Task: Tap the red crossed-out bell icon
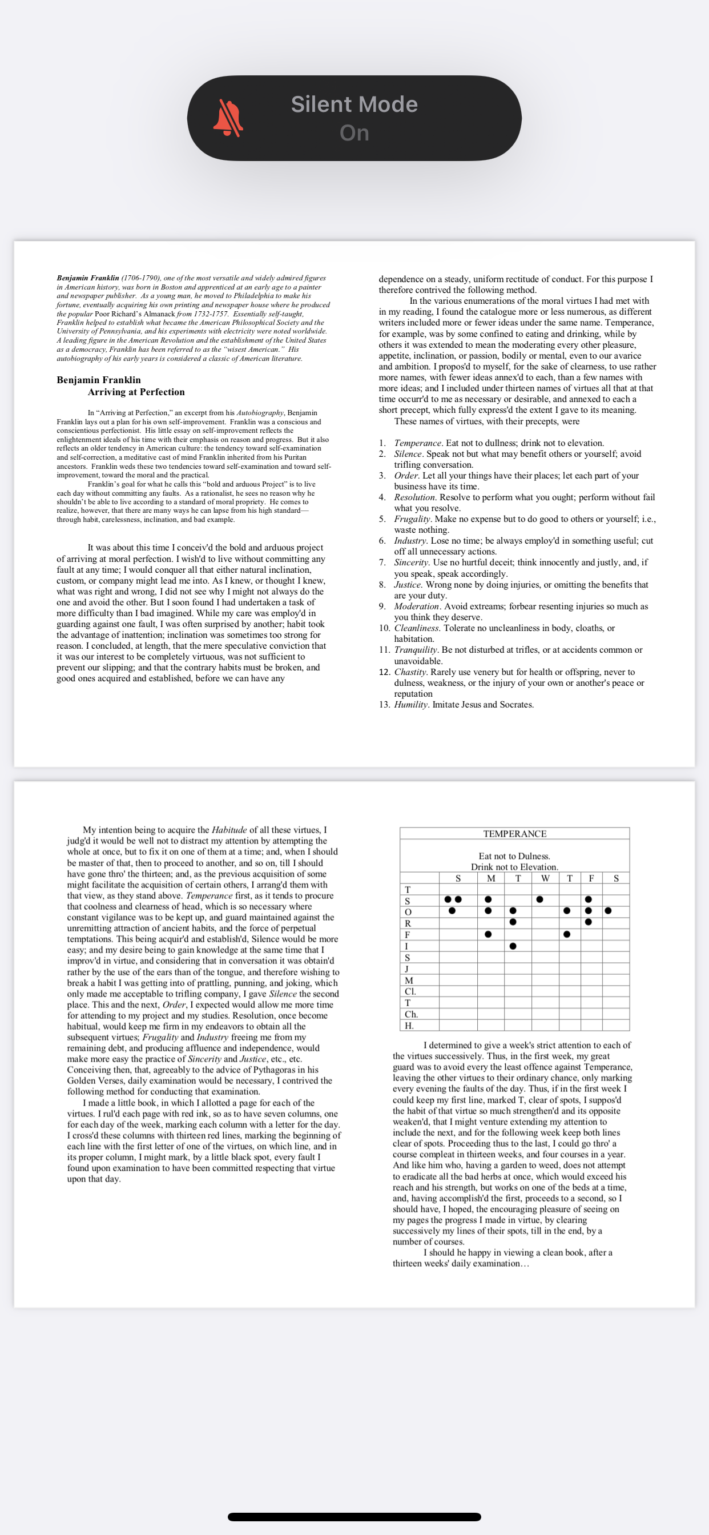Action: (228, 118)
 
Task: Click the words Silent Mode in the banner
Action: (354, 105)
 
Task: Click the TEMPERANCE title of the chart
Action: (514, 834)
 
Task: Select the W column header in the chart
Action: (545, 878)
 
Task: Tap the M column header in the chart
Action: (490, 878)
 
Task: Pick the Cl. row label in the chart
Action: (410, 991)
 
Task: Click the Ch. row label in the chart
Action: (410, 1014)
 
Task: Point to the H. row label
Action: (409, 1026)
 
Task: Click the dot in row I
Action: (513, 946)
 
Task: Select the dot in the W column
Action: (539, 899)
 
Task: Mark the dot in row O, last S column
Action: (608, 910)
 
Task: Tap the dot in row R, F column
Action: (588, 922)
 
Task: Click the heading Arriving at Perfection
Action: (136, 392)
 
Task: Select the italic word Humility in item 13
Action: (410, 704)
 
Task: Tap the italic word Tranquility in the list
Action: (415, 649)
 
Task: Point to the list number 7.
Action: (382, 562)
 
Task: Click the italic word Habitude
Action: (229, 830)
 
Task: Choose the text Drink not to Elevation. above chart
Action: (514, 867)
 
